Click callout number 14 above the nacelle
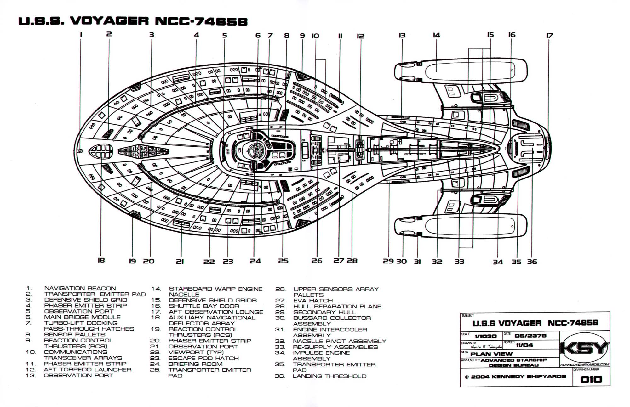[x=436, y=35]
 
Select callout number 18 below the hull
[x=101, y=260]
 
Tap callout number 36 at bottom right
[x=532, y=262]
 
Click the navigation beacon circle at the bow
[x=80, y=151]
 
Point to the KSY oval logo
[x=585, y=349]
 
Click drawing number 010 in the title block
[x=591, y=379]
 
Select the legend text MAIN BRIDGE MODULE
[x=82, y=317]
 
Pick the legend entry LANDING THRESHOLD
[x=329, y=376]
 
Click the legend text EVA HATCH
[x=313, y=301]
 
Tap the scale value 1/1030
[x=486, y=336]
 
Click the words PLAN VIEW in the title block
[x=491, y=354]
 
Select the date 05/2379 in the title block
[x=530, y=336]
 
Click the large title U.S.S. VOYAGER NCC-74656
[x=133, y=21]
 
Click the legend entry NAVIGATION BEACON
[x=80, y=288]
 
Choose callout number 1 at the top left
[x=81, y=35]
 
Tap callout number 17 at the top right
[x=549, y=36]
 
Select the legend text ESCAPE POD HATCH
[x=203, y=358]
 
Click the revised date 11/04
[x=524, y=345]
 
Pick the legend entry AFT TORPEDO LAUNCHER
[x=87, y=370]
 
